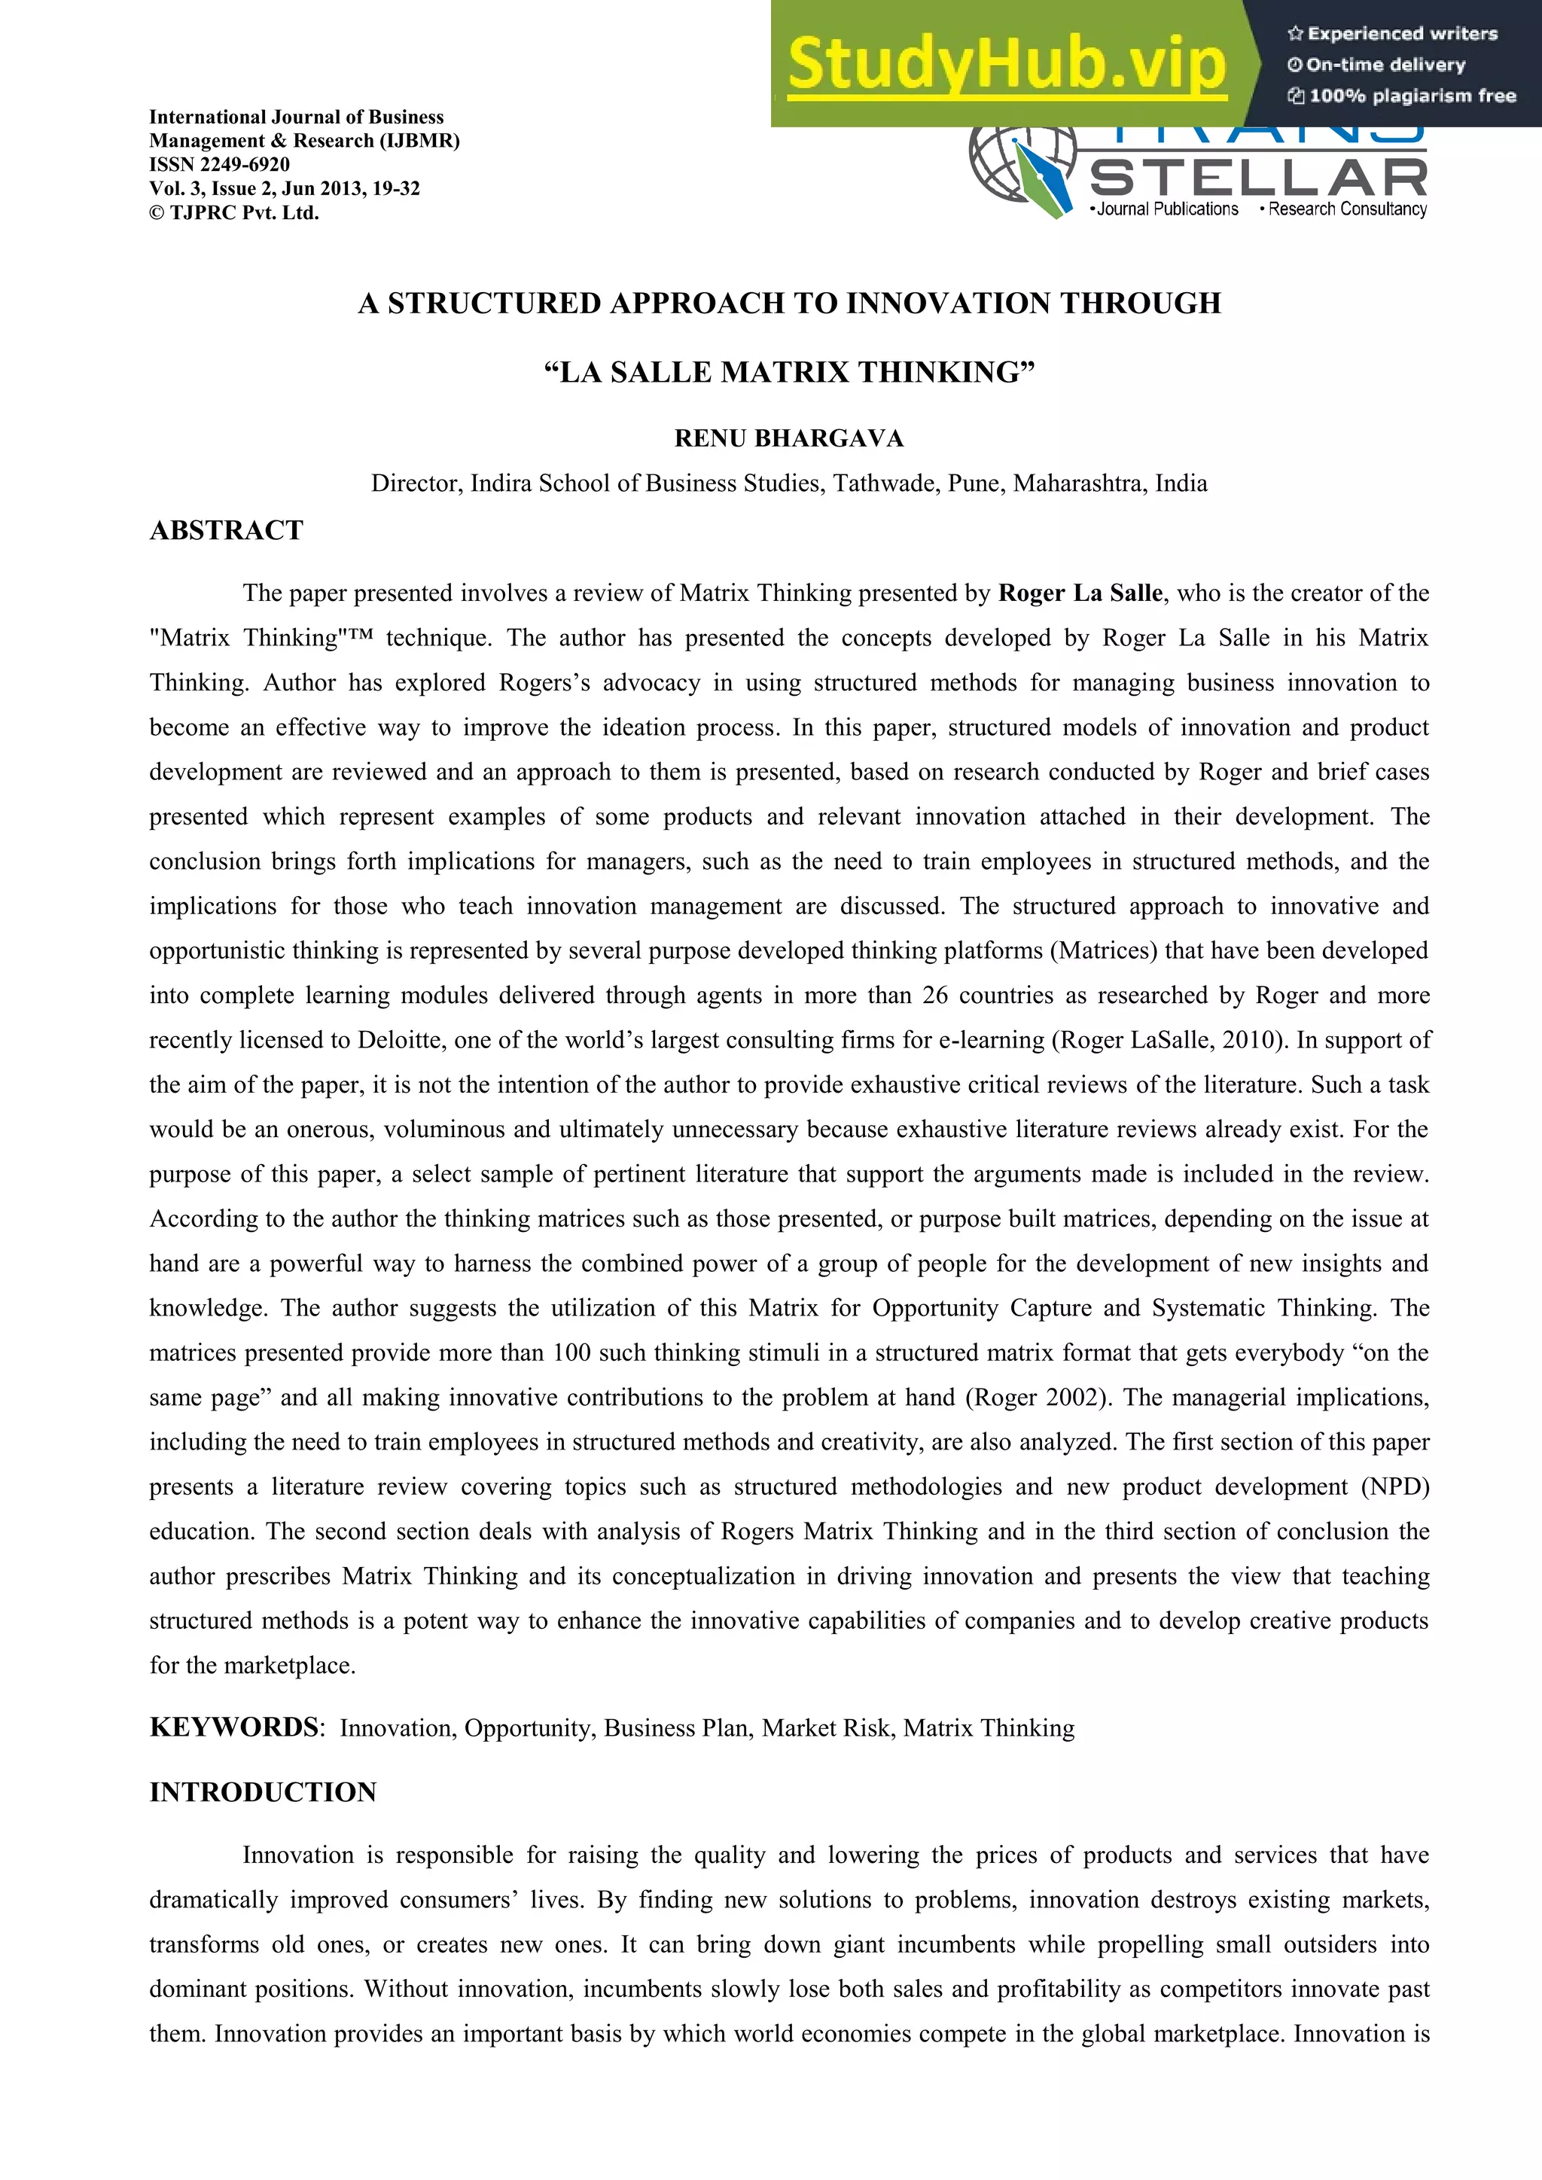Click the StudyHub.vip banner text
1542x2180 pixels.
click(x=1007, y=63)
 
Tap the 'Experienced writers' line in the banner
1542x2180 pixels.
click(x=1392, y=33)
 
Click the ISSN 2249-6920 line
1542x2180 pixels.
click(x=219, y=164)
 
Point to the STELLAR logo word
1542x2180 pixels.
click(x=1258, y=178)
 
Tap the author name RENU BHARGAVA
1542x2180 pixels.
click(x=788, y=439)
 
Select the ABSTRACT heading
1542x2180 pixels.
click(x=226, y=530)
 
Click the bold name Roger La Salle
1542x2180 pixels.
click(x=1080, y=593)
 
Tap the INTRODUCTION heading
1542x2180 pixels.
click(x=263, y=1793)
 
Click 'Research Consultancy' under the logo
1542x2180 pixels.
click(x=1346, y=209)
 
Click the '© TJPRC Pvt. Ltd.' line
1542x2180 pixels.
click(x=233, y=212)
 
